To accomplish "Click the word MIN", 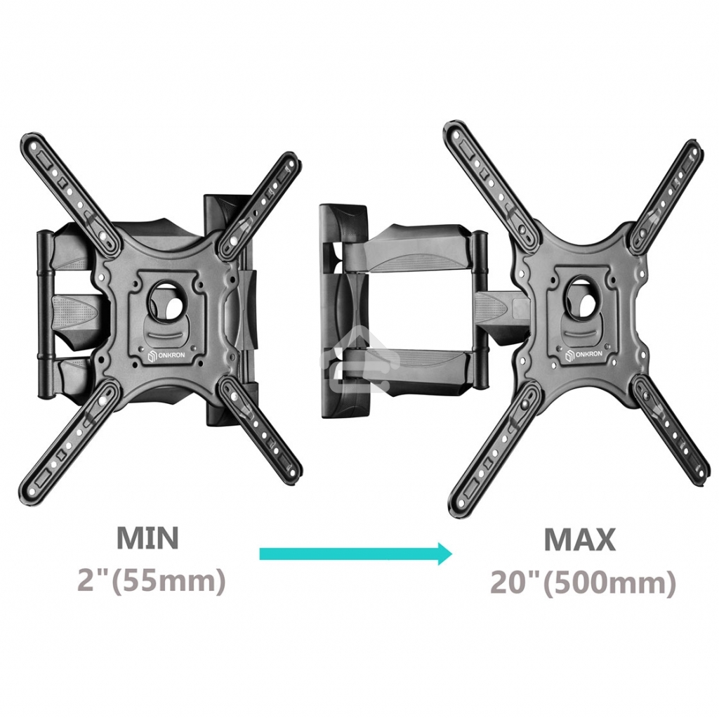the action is (x=147, y=537).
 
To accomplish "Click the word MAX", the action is (x=579, y=540).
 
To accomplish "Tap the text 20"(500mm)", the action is (x=583, y=582).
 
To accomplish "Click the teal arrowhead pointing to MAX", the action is (x=444, y=554).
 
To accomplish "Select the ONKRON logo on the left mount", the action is (x=166, y=355).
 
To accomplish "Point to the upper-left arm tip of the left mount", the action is (x=28, y=141).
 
